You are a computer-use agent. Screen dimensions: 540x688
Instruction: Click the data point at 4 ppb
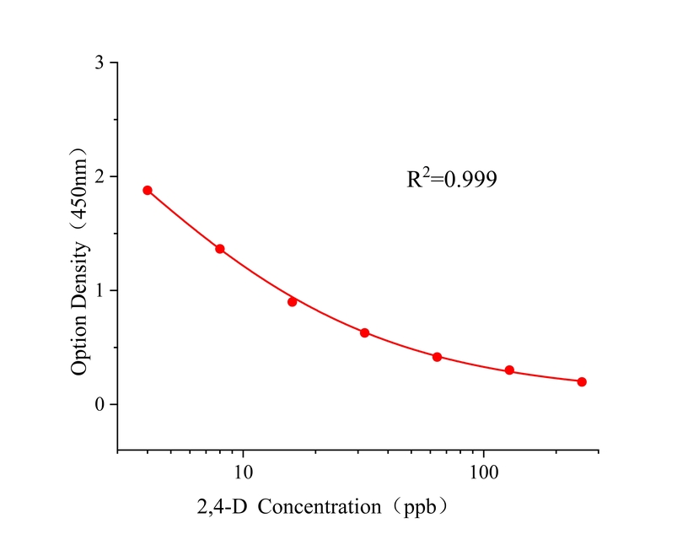point(148,190)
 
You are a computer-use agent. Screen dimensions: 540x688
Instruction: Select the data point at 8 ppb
point(220,249)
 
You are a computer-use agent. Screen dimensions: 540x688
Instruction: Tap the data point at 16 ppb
point(293,301)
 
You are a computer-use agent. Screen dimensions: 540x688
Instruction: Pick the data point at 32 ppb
point(364,332)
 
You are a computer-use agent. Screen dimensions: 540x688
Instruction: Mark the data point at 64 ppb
point(437,357)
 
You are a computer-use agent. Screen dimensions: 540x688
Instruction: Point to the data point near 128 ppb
point(509,370)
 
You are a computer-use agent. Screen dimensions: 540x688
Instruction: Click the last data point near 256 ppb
point(582,381)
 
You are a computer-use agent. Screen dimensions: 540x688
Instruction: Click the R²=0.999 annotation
point(451,179)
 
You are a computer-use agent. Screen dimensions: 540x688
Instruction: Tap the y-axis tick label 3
point(100,63)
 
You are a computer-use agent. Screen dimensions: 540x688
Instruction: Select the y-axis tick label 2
point(100,177)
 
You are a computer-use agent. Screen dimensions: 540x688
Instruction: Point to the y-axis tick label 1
point(100,290)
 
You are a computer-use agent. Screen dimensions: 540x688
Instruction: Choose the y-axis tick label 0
point(100,404)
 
